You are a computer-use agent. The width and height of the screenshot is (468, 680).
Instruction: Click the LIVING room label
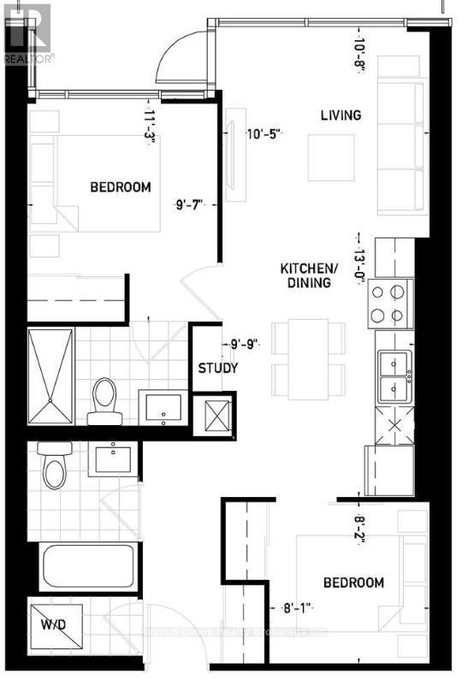tap(341, 115)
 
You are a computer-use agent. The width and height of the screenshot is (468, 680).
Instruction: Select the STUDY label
tap(218, 369)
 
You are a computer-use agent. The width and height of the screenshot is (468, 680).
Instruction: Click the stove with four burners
tap(390, 303)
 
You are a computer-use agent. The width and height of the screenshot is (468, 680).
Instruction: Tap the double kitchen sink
tap(392, 377)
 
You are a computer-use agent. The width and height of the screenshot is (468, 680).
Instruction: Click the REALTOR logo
tap(27, 33)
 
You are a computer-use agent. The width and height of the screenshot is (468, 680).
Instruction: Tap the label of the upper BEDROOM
tap(121, 187)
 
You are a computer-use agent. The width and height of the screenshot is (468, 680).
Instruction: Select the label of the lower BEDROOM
tap(352, 582)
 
